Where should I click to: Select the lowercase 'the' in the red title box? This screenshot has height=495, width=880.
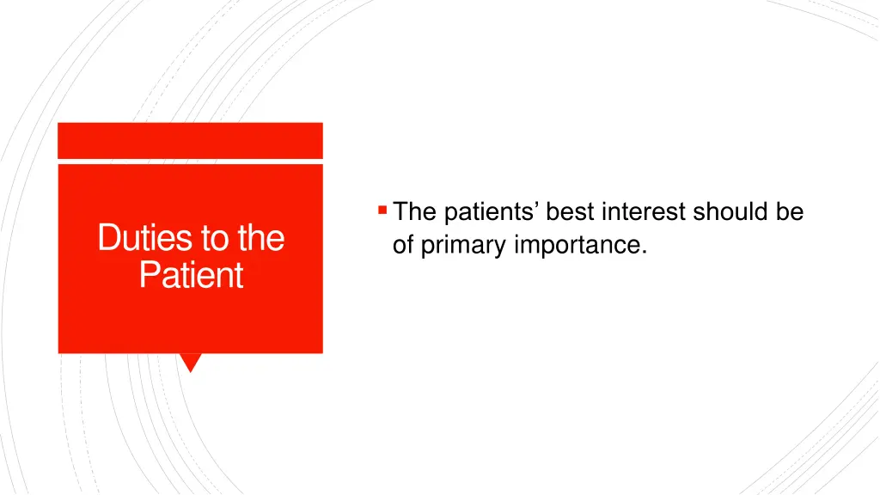[261, 237]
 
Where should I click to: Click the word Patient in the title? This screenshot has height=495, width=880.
[191, 274]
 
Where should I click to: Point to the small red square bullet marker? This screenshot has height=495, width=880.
[382, 211]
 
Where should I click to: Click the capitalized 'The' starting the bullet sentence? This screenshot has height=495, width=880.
[414, 211]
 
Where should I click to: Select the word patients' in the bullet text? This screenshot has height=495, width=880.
[491, 213]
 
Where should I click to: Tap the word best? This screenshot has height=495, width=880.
[570, 211]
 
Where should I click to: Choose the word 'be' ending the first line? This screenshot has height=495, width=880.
[790, 211]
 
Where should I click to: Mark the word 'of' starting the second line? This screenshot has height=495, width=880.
[403, 244]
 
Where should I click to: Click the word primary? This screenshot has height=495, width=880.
[463, 247]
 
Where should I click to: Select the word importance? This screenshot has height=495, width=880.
[577, 247]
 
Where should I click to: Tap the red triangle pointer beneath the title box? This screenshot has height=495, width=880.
[190, 362]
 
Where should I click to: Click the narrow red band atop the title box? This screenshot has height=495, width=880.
[190, 140]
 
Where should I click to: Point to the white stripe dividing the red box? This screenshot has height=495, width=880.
[190, 162]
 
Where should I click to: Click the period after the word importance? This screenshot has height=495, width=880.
[644, 253]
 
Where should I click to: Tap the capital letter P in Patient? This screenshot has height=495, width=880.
[148, 274]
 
